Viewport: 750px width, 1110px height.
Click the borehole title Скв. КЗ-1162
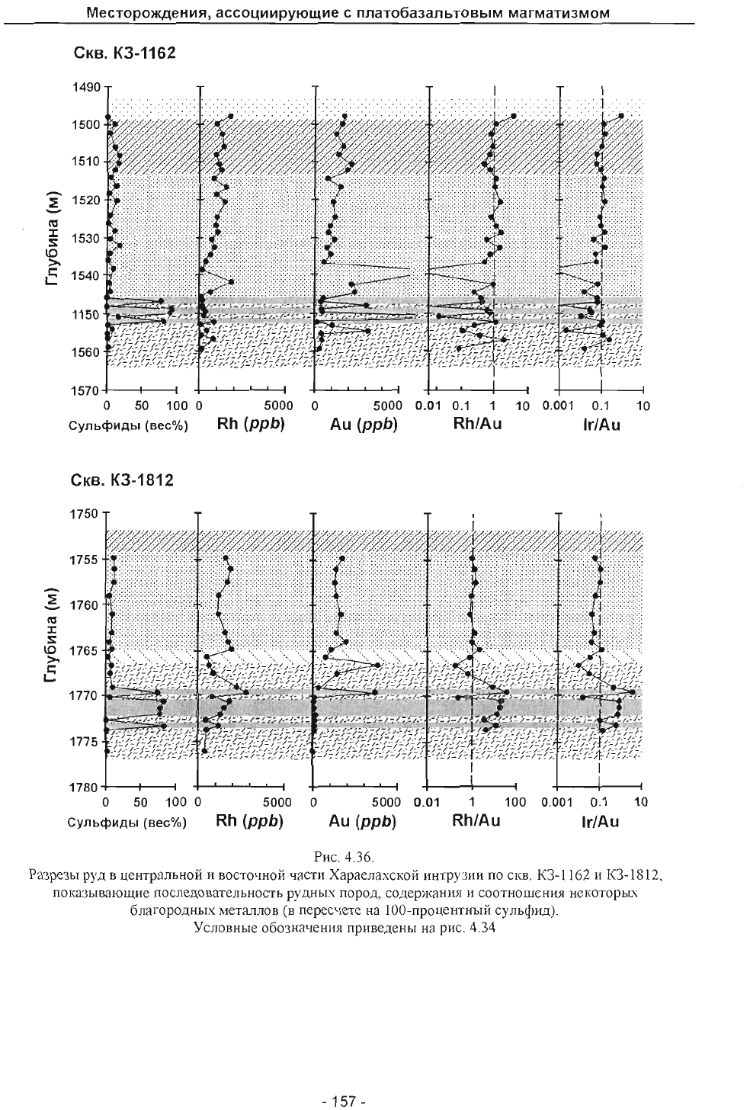pyautogui.click(x=124, y=53)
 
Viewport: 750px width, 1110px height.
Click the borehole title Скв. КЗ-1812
pyautogui.click(x=123, y=480)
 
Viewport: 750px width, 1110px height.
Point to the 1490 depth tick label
pyautogui.click(x=87, y=87)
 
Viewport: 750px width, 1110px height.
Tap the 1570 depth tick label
pyautogui.click(x=87, y=390)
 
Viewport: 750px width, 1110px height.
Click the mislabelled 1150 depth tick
pyautogui.click(x=87, y=314)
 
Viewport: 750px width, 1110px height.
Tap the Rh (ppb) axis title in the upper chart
pyautogui.click(x=251, y=424)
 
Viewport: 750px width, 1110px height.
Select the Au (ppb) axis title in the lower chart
pyautogui.click(x=363, y=822)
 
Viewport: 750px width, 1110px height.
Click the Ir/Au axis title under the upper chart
pyautogui.click(x=601, y=425)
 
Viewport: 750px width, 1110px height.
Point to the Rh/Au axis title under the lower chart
pyautogui.click(x=476, y=821)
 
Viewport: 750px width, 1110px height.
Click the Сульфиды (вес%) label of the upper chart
pyautogui.click(x=128, y=426)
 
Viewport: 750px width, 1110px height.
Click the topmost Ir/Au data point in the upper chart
pyautogui.click(x=621, y=116)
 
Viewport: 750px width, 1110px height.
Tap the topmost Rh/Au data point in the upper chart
pyautogui.click(x=514, y=116)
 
